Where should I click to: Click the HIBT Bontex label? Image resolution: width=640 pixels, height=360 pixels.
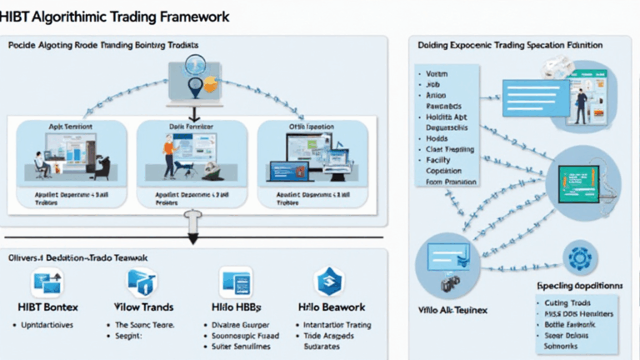(47, 307)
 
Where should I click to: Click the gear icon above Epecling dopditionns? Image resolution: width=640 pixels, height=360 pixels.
(576, 256)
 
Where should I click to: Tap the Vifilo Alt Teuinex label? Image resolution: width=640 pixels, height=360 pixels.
(453, 308)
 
